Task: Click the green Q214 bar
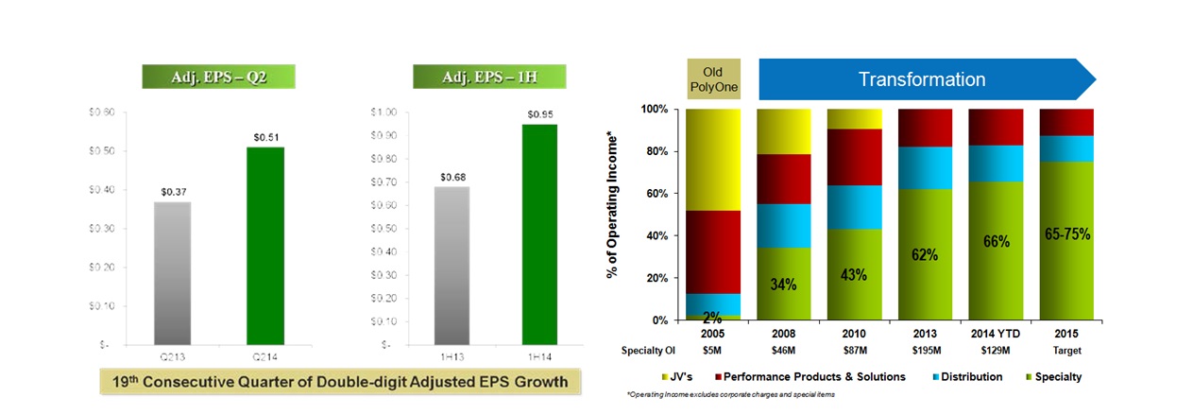click(265, 246)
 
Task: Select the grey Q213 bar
click(173, 273)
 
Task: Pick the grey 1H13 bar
click(452, 266)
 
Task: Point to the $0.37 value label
click(173, 193)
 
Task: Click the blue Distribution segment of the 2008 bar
click(784, 226)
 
